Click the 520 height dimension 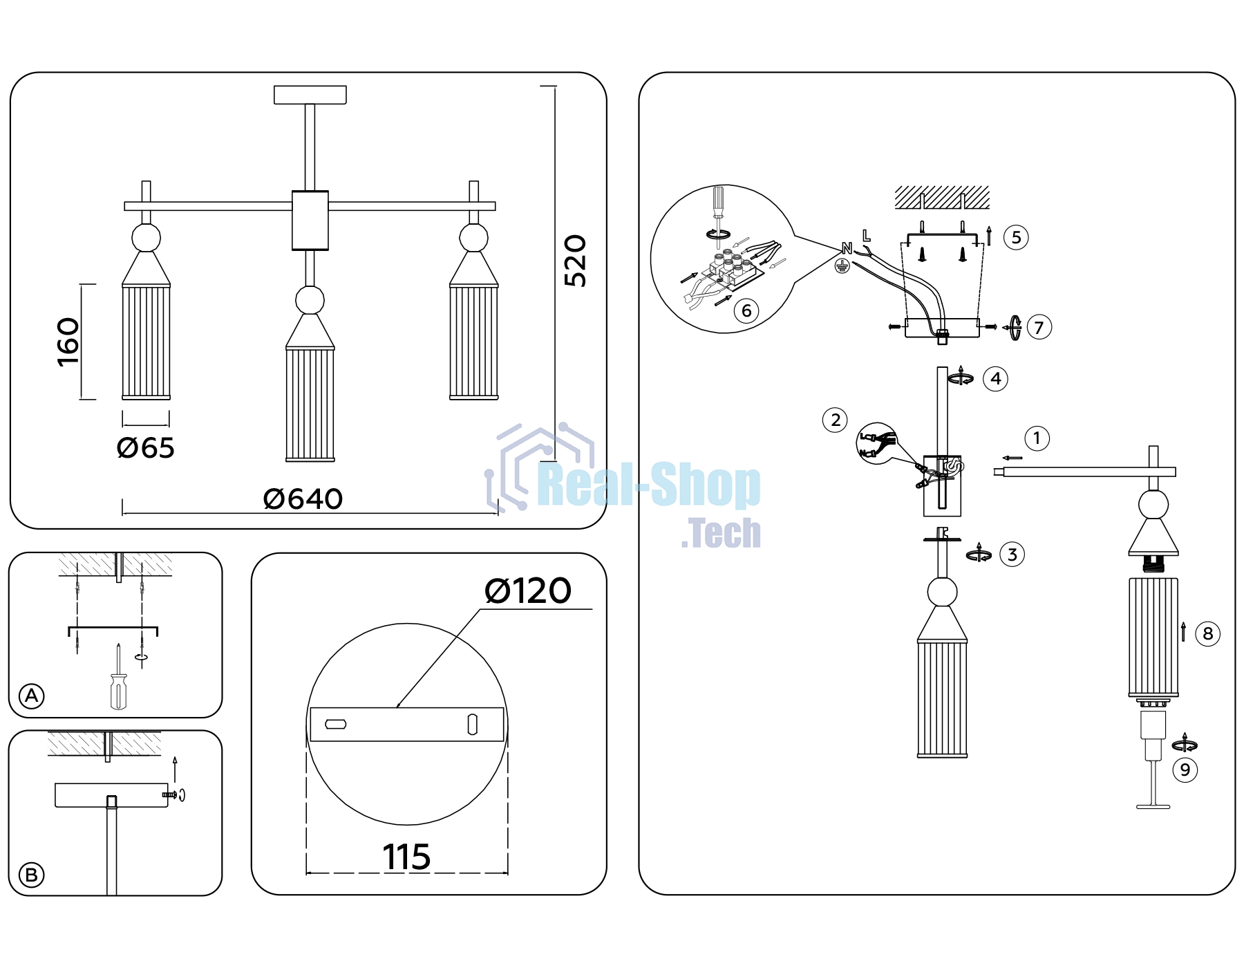[575, 261]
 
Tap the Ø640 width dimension [303, 499]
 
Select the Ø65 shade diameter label [146, 448]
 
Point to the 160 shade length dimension [68, 342]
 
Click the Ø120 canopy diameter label [528, 591]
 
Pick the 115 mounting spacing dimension [406, 857]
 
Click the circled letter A [32, 696]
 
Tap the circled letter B [31, 875]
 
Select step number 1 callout [1037, 438]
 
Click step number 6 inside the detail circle [746, 311]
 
